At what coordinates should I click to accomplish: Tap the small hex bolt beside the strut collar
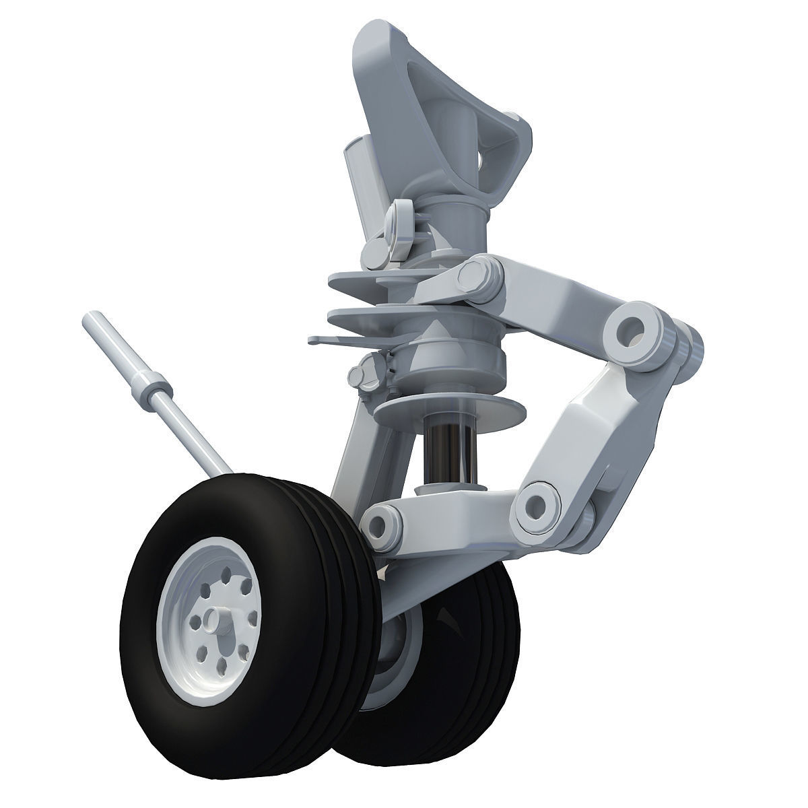point(368,372)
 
